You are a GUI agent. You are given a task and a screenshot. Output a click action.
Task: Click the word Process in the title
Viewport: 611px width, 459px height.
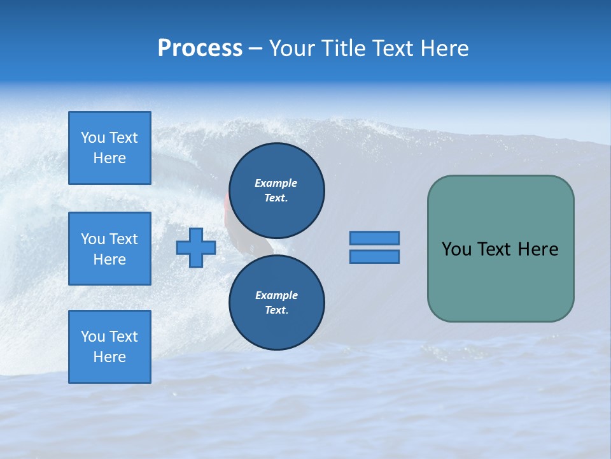pyautogui.click(x=200, y=48)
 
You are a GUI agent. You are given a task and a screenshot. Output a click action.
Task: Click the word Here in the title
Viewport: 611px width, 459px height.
pyautogui.click(x=440, y=48)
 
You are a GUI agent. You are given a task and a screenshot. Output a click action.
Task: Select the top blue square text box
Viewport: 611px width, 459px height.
pyautogui.click(x=109, y=148)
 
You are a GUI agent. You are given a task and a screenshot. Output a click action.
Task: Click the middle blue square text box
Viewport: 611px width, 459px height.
pyautogui.click(x=109, y=249)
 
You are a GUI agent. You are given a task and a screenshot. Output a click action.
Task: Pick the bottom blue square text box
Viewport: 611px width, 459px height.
pyautogui.click(x=109, y=347)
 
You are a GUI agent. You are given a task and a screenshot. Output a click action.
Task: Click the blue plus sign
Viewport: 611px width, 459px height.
pyautogui.click(x=196, y=247)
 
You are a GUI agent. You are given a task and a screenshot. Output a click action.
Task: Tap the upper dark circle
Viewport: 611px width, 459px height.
pyautogui.click(x=277, y=191)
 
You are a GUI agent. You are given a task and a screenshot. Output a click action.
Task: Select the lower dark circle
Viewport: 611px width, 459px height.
pyautogui.click(x=277, y=303)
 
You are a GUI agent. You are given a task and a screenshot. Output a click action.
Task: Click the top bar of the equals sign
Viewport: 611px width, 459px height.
pyautogui.click(x=374, y=238)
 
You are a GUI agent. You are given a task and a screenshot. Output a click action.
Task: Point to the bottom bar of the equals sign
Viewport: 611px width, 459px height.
pyautogui.click(x=374, y=256)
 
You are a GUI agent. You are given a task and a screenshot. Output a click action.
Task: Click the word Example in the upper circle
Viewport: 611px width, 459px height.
pyautogui.click(x=276, y=183)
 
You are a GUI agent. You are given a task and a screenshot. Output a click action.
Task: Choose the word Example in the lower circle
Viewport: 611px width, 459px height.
pyautogui.click(x=276, y=295)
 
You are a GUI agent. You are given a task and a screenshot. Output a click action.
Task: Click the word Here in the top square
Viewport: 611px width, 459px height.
pyautogui.click(x=109, y=158)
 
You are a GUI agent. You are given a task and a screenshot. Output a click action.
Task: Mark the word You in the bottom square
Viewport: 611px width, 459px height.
pyautogui.click(x=92, y=337)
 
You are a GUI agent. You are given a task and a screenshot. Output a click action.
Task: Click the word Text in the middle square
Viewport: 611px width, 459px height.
pyautogui.click(x=123, y=239)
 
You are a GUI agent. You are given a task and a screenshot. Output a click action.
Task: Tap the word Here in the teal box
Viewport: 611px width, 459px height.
pyautogui.click(x=538, y=249)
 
